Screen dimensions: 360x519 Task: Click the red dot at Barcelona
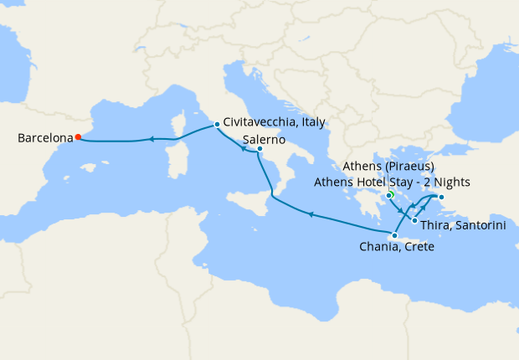coord(78,137)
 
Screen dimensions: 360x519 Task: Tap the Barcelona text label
coord(44,138)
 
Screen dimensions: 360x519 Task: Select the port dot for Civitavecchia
coord(217,125)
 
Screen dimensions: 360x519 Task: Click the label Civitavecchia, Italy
coord(275,122)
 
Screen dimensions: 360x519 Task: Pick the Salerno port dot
coord(259,150)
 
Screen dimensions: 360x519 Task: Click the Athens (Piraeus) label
coord(388,167)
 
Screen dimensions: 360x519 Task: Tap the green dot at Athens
coord(390,195)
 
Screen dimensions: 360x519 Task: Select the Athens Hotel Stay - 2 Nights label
coord(393,182)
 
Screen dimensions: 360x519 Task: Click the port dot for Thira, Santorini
coord(414,220)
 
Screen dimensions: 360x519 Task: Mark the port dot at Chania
coord(394,235)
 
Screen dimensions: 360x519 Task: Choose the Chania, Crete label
coord(396,248)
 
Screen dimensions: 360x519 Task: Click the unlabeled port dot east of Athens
coord(441,198)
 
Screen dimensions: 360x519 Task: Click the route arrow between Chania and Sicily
coord(311,215)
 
